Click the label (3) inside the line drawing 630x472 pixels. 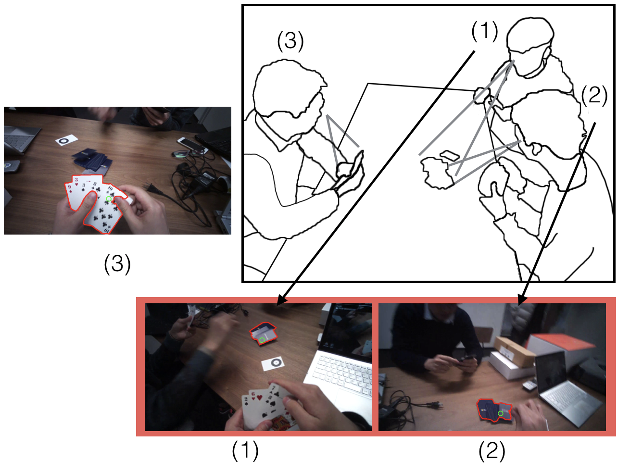tap(290, 41)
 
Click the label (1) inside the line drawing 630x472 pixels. tap(484, 31)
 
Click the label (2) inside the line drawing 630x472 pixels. tap(594, 96)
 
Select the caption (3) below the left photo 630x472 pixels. tap(117, 264)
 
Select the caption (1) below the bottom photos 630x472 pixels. tap(245, 451)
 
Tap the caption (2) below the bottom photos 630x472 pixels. tap(491, 451)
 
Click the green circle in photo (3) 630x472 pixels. tap(109, 199)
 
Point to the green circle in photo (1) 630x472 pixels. tap(262, 340)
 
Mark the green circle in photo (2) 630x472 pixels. tap(500, 413)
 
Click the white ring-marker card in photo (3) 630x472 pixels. tap(66, 140)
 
